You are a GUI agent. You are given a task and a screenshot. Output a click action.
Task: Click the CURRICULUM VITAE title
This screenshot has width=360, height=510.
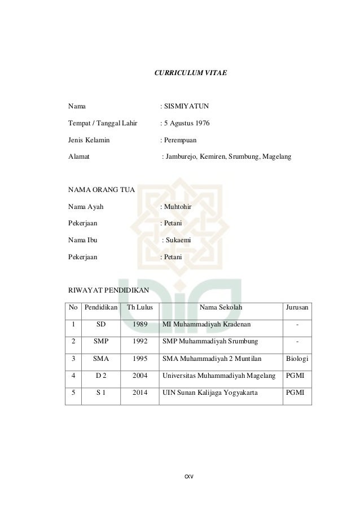click(191, 73)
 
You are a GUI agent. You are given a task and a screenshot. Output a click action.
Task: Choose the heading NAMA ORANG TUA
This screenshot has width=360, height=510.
click(101, 190)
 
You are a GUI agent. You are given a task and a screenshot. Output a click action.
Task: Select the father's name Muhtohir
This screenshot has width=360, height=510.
click(178, 207)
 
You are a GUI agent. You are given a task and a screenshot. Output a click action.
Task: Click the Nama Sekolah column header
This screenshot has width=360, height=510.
click(220, 308)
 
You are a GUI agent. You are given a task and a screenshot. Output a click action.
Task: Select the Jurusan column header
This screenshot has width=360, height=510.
click(297, 308)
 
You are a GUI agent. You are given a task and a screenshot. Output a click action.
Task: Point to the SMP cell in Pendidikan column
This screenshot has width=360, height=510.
click(100, 341)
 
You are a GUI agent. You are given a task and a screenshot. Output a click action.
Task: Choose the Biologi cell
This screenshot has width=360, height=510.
click(297, 358)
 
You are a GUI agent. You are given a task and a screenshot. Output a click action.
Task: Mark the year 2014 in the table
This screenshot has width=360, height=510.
click(140, 391)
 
